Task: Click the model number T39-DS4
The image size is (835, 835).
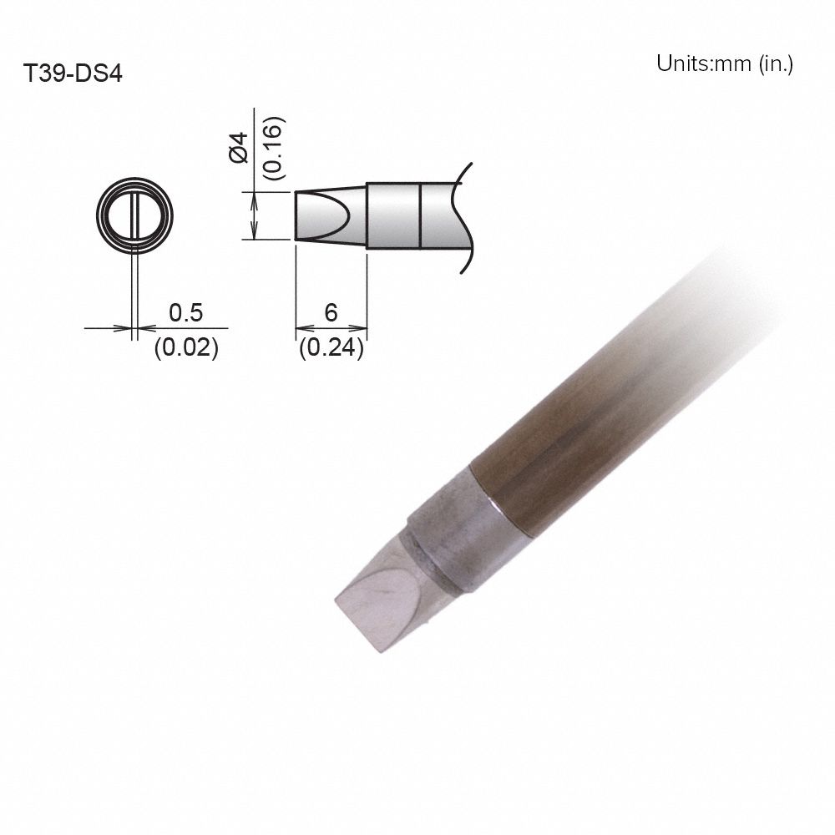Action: (73, 74)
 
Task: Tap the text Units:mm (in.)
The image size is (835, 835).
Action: (724, 64)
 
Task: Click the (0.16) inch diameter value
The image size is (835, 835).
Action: (274, 148)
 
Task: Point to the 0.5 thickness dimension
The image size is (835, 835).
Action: (185, 313)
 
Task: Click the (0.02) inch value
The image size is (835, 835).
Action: (185, 347)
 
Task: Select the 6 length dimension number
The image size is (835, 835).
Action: (331, 313)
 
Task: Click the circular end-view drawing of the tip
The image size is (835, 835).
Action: (134, 214)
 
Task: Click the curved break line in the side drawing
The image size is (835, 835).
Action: (462, 216)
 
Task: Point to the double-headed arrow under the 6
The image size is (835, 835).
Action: (331, 328)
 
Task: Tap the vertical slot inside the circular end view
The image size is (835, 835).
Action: (134, 215)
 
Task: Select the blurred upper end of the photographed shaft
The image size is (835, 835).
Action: (735, 292)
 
